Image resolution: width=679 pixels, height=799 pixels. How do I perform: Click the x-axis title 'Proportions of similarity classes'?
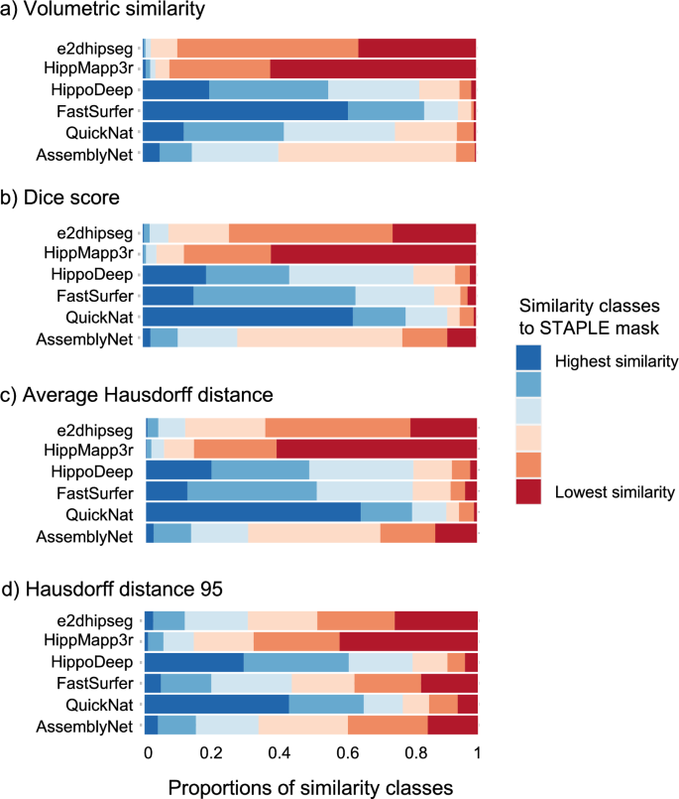310,785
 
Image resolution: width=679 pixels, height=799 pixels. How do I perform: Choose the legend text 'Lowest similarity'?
616,490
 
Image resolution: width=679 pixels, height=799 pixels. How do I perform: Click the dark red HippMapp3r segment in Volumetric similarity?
373,67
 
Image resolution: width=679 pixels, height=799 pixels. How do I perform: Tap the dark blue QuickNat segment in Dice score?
248,317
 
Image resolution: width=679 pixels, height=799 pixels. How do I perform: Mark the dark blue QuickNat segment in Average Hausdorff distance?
253,511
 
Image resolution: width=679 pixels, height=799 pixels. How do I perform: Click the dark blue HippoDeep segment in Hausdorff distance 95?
194,662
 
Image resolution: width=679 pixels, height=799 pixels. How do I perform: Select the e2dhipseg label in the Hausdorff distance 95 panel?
102,619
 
